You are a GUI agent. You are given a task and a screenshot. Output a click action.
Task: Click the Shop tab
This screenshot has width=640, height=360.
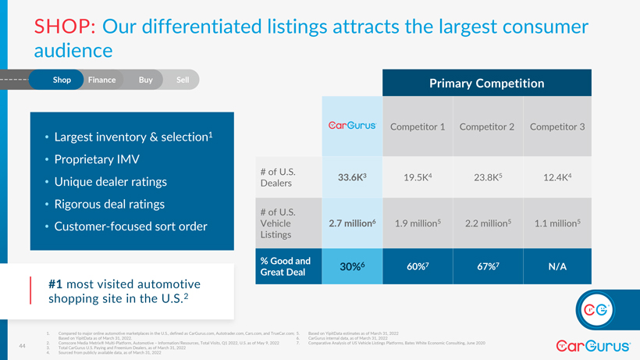[x=62, y=80]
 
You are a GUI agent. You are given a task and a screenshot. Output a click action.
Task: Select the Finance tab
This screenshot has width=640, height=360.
[x=101, y=80]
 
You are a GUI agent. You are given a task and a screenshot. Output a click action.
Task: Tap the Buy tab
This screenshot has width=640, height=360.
[x=145, y=80]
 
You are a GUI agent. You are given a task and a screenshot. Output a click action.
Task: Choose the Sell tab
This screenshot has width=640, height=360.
[x=183, y=80]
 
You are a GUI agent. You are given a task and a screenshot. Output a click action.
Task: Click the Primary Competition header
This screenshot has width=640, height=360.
[x=486, y=84]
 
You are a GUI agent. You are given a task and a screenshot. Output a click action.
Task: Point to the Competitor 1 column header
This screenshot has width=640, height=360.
[x=417, y=127]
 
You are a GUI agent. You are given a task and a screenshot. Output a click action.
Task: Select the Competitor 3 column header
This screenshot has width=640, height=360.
[x=556, y=127]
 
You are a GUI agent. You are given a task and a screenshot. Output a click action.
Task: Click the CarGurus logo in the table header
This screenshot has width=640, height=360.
[x=350, y=126]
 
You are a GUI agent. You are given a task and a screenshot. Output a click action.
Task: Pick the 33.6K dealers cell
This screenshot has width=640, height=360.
[x=352, y=177]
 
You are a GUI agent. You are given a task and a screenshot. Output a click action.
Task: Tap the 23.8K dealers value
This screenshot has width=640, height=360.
[x=486, y=177]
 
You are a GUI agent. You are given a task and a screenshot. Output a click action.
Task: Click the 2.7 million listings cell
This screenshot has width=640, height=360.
[x=353, y=223]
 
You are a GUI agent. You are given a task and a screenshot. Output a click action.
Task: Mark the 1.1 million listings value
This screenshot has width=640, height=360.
[x=557, y=223]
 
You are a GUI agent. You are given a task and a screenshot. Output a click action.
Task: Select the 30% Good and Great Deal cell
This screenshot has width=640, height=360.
[x=353, y=266]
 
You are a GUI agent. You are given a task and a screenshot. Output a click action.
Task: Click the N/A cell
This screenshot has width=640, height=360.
[x=557, y=266]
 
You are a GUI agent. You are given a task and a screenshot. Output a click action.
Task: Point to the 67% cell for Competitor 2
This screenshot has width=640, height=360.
[x=486, y=266]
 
